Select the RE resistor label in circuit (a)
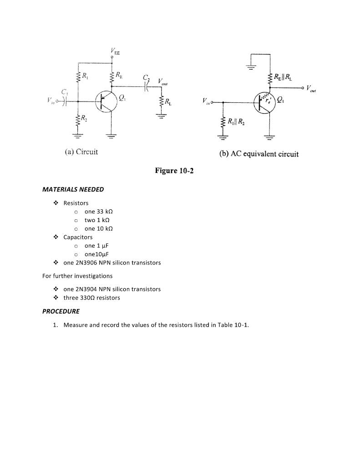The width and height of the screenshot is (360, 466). (119, 74)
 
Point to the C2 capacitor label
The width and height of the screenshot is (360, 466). (146, 77)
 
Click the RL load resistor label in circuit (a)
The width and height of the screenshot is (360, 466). (168, 101)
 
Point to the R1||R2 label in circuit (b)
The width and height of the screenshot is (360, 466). (237, 121)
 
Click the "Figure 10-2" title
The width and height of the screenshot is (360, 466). (174, 171)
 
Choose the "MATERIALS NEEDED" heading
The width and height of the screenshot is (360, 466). (73, 189)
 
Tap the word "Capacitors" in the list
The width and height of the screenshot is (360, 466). (78, 237)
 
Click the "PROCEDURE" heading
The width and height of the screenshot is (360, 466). (61, 311)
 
